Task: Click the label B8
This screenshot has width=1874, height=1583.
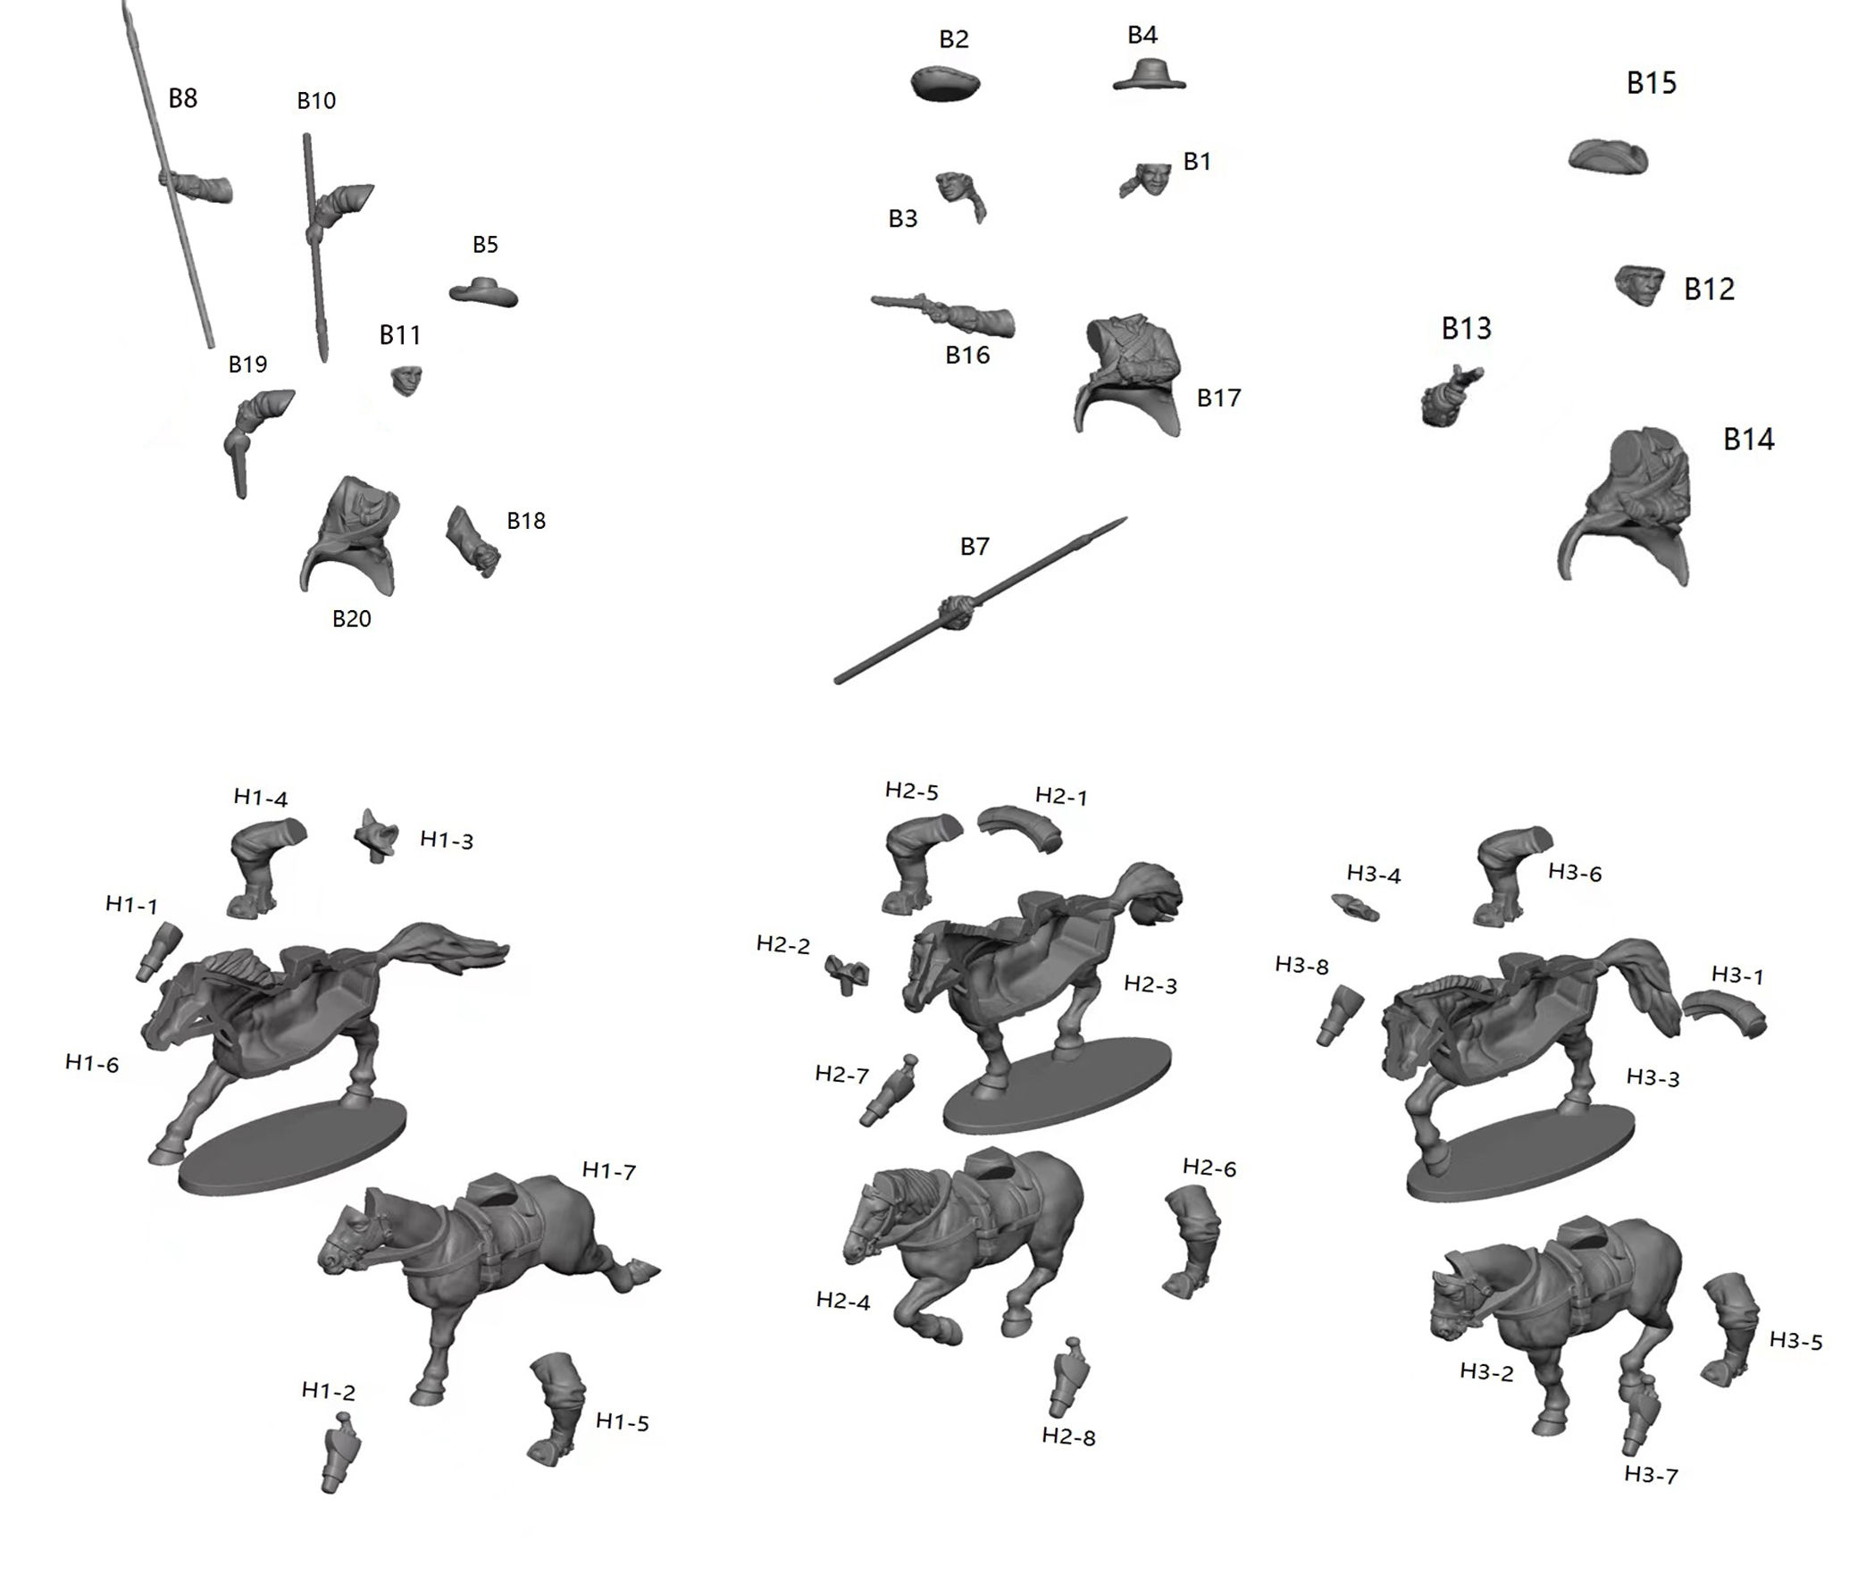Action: point(183,98)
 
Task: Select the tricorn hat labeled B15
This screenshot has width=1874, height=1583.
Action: point(1609,158)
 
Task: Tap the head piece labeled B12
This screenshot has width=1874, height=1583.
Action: point(1640,285)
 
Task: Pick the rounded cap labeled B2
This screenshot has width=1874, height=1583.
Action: point(946,83)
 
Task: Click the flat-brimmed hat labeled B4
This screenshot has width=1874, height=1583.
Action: point(1150,74)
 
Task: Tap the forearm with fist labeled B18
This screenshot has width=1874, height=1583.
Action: point(472,541)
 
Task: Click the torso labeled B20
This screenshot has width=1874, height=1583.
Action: point(350,536)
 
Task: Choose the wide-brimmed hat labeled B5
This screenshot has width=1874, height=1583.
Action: point(483,291)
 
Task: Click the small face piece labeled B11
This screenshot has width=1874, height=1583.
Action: point(407,381)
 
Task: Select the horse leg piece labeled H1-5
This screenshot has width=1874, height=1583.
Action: point(556,1409)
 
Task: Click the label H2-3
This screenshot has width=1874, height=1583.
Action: point(1151,985)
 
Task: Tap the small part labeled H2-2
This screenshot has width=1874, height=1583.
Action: point(847,974)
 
